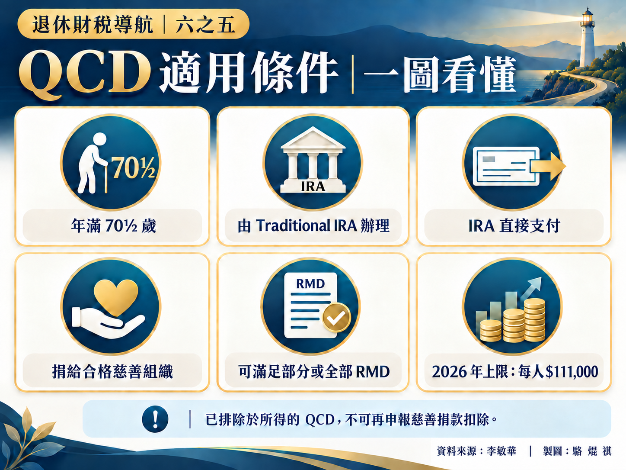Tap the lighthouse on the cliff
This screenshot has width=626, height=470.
pyautogui.click(x=587, y=39)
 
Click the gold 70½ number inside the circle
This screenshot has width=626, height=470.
pyautogui.click(x=134, y=168)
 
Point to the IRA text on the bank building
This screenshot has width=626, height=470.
pyautogui.click(x=313, y=187)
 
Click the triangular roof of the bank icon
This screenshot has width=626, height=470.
pyautogui.click(x=313, y=138)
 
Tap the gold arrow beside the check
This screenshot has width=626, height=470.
pyautogui.click(x=548, y=166)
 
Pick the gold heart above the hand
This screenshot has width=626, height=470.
pyautogui.click(x=116, y=297)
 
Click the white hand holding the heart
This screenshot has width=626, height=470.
pyautogui.click(x=109, y=323)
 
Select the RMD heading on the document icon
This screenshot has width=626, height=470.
pyautogui.click(x=310, y=283)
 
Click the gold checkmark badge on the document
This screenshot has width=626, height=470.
pyautogui.click(x=336, y=317)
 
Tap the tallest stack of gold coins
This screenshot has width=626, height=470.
pyautogui.click(x=534, y=320)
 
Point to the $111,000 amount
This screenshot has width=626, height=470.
pyautogui.click(x=572, y=372)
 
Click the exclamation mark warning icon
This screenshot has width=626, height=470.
pyautogui.click(x=155, y=419)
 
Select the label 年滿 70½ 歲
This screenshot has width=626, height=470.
pyautogui.click(x=114, y=226)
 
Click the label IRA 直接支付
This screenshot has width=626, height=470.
pyautogui.click(x=514, y=226)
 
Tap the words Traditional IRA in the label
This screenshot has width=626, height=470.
pyautogui.click(x=307, y=225)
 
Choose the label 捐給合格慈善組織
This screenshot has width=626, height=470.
pyautogui.click(x=112, y=372)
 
